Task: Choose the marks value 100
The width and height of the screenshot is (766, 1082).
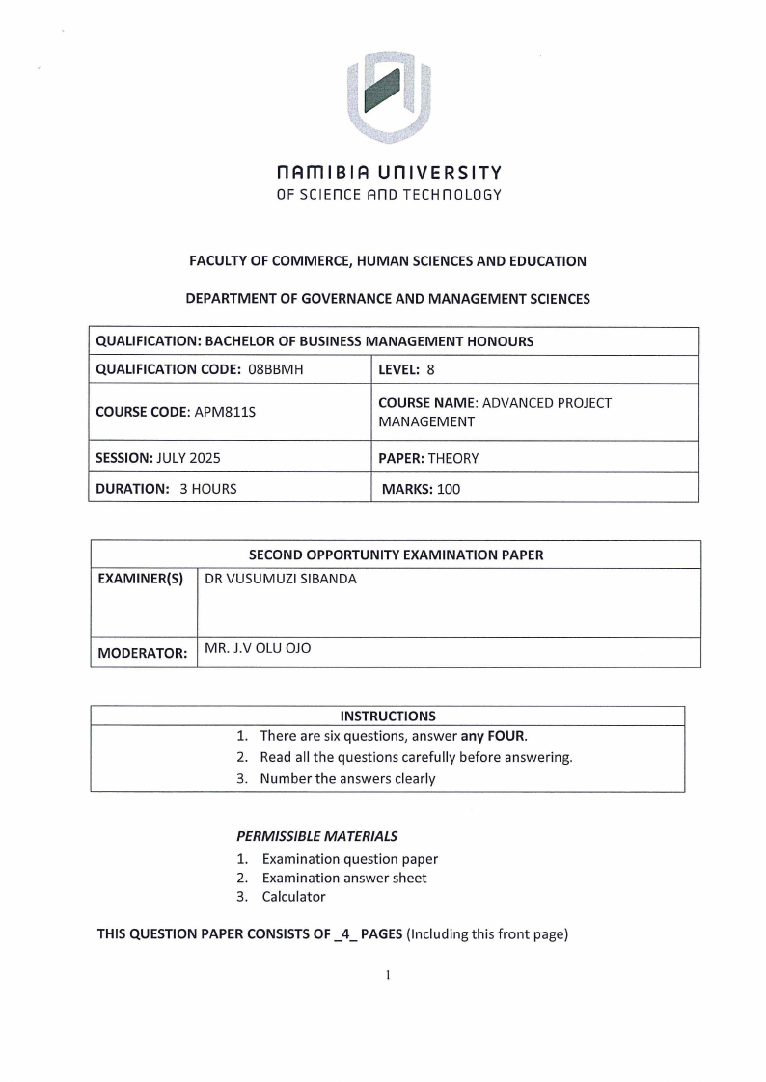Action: coord(449,489)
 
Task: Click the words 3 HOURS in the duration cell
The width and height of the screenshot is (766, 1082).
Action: coord(207,489)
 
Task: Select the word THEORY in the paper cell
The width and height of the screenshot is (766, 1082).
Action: coord(453,458)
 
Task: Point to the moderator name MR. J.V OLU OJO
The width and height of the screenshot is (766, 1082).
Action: coord(258,650)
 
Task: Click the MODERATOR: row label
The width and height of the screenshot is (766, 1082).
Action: coord(143,653)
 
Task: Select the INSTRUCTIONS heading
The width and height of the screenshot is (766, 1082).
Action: coord(388,716)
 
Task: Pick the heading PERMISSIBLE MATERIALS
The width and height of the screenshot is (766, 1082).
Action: coord(316,836)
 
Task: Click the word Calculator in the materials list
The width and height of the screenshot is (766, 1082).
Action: coord(293,897)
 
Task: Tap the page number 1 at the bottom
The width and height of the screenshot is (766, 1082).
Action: coord(387,975)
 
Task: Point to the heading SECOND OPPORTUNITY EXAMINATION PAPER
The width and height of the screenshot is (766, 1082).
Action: coord(396,555)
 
